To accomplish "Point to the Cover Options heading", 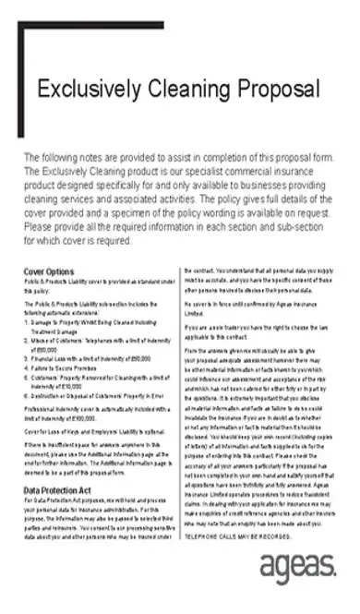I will (x=49, y=271).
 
